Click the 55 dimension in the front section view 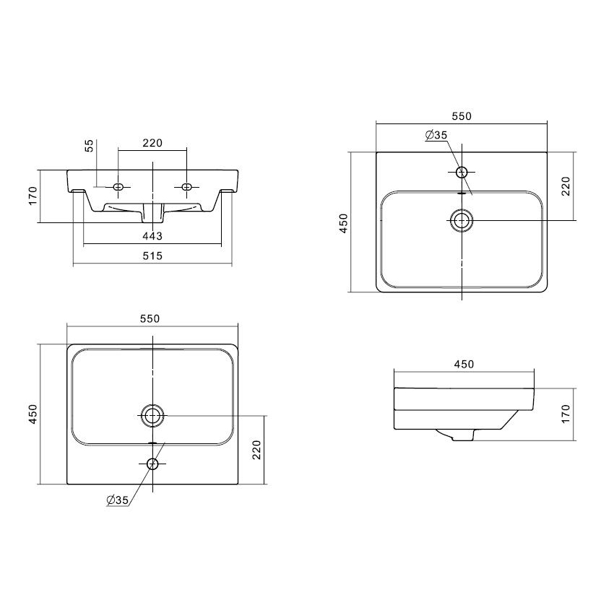click(x=90, y=146)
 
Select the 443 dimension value click(x=152, y=236)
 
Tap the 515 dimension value click(x=152, y=256)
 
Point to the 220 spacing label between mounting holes click(x=152, y=143)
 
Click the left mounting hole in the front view click(x=118, y=187)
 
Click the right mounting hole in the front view click(x=187, y=187)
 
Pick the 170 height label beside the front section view click(x=33, y=196)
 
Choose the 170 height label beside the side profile click(x=566, y=414)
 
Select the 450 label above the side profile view click(x=464, y=365)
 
